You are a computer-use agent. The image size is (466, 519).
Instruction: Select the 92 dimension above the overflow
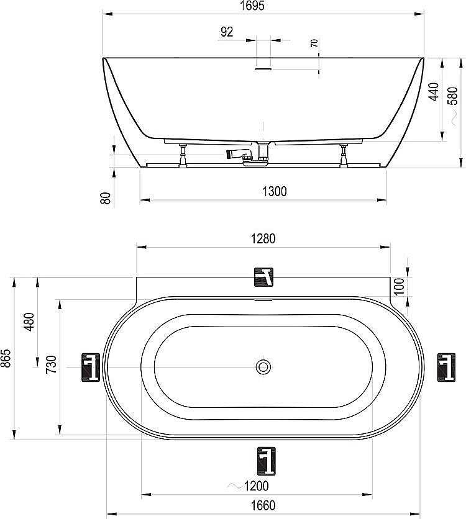[x=227, y=32]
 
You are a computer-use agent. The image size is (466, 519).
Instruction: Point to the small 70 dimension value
[x=314, y=43]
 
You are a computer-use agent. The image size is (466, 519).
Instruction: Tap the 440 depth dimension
[x=434, y=91]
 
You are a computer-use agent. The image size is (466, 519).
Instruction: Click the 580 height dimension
[x=453, y=95]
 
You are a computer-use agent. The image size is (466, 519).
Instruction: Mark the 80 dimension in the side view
[x=106, y=197]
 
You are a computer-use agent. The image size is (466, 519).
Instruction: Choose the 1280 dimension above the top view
[x=262, y=238]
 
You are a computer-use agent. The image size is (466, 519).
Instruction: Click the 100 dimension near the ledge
[x=399, y=286]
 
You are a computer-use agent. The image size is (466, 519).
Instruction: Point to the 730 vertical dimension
[x=51, y=363]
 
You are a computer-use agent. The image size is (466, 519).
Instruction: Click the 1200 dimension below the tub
[x=255, y=485]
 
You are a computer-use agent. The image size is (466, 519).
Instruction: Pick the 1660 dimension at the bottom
[x=263, y=506]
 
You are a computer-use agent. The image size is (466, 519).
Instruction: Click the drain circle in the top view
[x=263, y=367]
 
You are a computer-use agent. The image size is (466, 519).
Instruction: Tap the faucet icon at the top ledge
[x=263, y=277]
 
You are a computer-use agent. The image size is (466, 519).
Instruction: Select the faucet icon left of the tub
[x=91, y=367]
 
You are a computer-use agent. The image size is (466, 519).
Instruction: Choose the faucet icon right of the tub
[x=446, y=366]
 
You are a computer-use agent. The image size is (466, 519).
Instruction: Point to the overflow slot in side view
[x=263, y=70]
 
